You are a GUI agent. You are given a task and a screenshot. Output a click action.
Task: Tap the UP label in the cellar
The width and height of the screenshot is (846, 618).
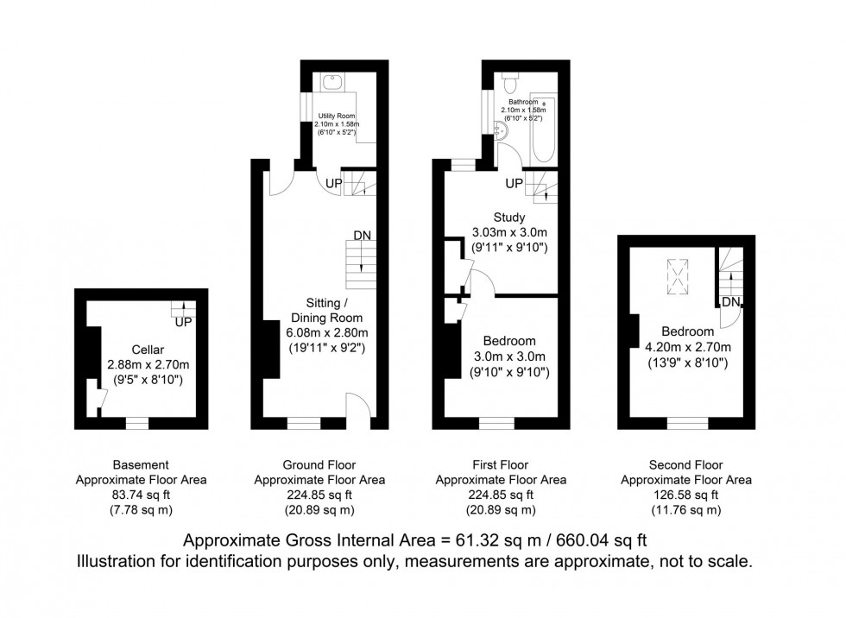click(x=182, y=323)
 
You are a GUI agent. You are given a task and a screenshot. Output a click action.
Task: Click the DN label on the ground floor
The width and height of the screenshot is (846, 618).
click(x=363, y=236)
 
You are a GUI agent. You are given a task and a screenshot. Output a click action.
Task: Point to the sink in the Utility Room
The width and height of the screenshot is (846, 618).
click(x=333, y=83)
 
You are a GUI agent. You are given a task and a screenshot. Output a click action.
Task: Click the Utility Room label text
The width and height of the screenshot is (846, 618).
click(x=336, y=116)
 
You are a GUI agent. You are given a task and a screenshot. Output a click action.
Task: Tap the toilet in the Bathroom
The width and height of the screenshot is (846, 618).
click(x=509, y=83)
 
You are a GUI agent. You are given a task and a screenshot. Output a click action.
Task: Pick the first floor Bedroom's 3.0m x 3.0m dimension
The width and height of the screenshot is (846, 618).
click(x=508, y=356)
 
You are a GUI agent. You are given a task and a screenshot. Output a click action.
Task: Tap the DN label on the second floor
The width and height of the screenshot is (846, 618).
click(x=731, y=302)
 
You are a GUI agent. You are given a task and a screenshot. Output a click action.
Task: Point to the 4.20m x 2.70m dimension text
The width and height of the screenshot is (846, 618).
click(x=687, y=348)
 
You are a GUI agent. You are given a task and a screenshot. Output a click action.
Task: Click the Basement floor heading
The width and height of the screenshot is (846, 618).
click(x=141, y=464)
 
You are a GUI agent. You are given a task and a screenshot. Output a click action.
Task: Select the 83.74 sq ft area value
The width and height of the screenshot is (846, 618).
click(x=141, y=495)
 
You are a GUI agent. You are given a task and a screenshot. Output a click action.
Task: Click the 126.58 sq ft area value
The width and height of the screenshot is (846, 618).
click(x=686, y=495)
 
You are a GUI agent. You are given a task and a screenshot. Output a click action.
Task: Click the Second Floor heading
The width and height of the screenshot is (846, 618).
click(x=686, y=464)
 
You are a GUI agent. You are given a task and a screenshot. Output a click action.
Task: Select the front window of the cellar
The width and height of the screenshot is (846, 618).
click(x=136, y=423)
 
